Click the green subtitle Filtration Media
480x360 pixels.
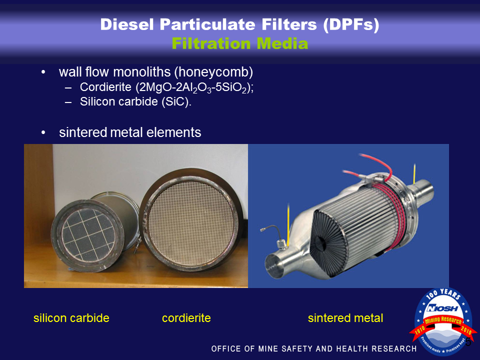[239, 43]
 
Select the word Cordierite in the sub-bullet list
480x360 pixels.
[105, 87]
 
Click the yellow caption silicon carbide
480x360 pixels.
[71, 318]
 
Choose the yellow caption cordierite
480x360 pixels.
[186, 318]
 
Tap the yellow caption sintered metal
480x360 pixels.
[345, 318]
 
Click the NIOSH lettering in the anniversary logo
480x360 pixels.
[442, 308]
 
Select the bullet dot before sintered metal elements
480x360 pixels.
[43, 132]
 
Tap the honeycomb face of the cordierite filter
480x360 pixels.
[190, 219]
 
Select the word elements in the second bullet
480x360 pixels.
[174, 132]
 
